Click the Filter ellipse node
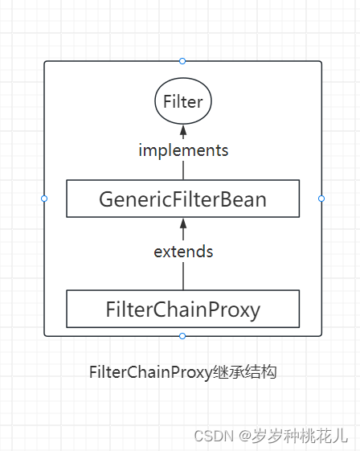tap(182, 101)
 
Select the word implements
tap(183, 150)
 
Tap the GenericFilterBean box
tap(182, 199)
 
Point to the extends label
tap(183, 252)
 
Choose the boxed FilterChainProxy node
tap(182, 309)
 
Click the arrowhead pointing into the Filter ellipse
tap(183, 130)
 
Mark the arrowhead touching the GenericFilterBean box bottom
tap(183, 222)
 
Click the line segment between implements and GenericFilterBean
tap(183, 170)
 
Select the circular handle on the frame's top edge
tap(182, 61)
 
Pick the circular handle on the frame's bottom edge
tap(182, 335)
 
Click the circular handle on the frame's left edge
tap(44, 198)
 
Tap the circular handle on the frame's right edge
tap(321, 198)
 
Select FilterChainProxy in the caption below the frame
tap(151, 373)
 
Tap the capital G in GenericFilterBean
tap(106, 199)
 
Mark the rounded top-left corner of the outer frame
tap(47, 64)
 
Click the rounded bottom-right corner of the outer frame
tap(319, 333)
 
